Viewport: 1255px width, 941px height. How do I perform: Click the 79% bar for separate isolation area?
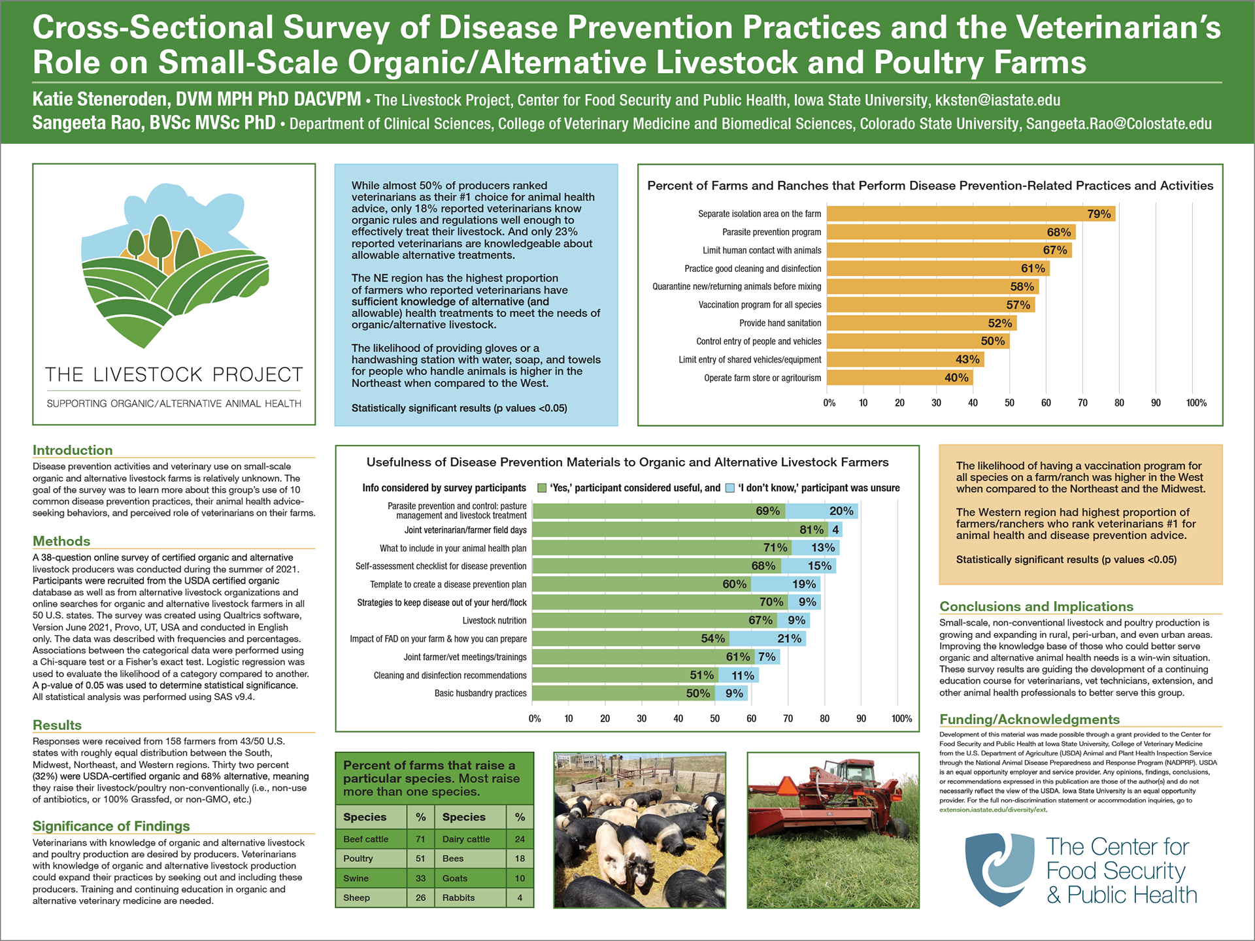(970, 214)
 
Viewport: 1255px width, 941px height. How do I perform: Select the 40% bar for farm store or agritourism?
(899, 378)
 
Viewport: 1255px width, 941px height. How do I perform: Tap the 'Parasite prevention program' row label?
(771, 232)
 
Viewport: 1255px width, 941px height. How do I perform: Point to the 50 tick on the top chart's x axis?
(1009, 403)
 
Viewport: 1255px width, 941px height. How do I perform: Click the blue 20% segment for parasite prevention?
(822, 511)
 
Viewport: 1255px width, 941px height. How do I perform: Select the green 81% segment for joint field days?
(680, 529)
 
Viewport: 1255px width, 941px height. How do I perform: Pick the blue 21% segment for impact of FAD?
(767, 638)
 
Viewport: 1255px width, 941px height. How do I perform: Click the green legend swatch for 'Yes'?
(541, 488)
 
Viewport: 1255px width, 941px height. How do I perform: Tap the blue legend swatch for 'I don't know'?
(730, 488)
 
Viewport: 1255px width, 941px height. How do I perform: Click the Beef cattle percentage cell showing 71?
(420, 839)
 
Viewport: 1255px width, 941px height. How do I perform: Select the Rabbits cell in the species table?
(459, 898)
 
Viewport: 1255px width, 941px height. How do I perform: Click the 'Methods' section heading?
(61, 541)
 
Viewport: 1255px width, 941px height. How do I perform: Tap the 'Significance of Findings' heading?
(111, 826)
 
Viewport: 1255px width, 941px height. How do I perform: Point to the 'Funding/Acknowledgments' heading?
(1029, 719)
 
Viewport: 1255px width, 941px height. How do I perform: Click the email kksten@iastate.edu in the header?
(997, 100)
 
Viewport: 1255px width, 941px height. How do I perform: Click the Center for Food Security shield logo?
(999, 869)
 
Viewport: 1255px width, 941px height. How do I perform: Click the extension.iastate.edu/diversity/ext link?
(992, 810)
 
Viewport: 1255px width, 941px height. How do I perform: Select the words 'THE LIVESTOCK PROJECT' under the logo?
(174, 374)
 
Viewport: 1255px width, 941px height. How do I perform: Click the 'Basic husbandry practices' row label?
(480, 693)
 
